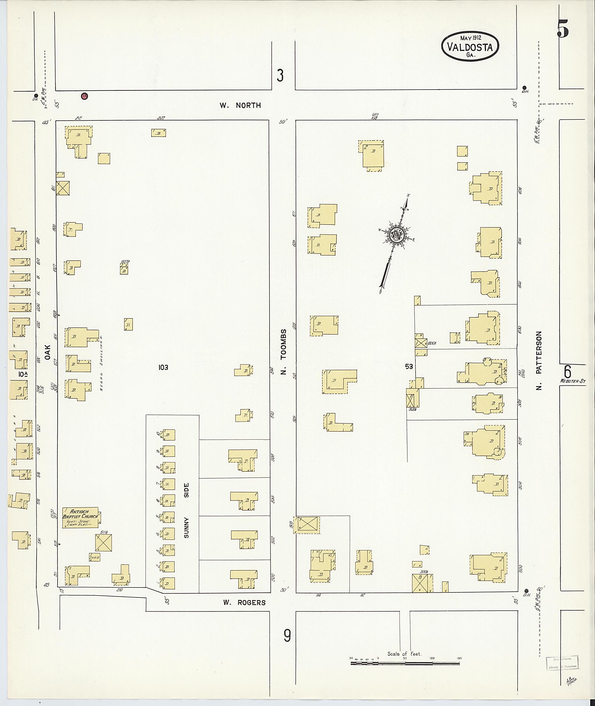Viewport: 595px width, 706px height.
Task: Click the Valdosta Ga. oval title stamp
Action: (x=469, y=48)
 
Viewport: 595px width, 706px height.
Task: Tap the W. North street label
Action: (x=240, y=105)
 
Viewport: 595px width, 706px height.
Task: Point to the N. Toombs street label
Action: (x=283, y=352)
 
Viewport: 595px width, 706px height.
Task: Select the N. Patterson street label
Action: (x=539, y=360)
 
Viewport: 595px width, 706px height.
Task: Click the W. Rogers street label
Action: (x=244, y=603)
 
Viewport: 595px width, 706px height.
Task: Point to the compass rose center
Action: (x=397, y=235)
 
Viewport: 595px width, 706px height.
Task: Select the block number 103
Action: (x=163, y=367)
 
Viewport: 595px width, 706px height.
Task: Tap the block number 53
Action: (x=409, y=367)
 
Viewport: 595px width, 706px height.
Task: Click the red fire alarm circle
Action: (x=84, y=96)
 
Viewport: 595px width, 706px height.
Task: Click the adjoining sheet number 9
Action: (x=287, y=636)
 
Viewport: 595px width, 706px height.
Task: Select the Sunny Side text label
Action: (x=186, y=510)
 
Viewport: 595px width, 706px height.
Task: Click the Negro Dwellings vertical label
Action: (x=102, y=363)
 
